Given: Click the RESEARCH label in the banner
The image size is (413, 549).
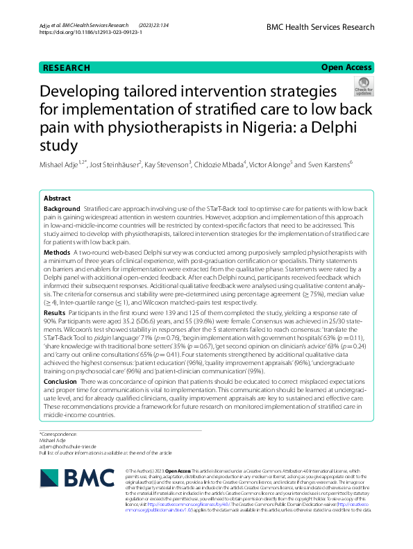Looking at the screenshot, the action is tap(67, 68).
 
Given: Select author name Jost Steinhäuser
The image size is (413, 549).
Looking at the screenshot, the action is tap(115, 164).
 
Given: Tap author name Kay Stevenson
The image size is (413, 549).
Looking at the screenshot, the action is tap(169, 164).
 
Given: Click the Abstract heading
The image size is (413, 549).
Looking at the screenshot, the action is tap(57, 198).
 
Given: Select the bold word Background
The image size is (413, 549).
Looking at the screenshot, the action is tap(62, 209).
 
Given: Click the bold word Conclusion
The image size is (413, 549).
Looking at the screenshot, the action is tap(60, 382).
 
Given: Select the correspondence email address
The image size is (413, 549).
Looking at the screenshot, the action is tap(68, 446).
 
